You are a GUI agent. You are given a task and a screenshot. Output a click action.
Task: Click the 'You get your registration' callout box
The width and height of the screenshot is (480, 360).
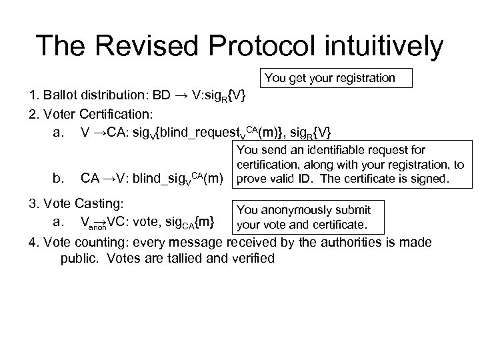[x=330, y=79]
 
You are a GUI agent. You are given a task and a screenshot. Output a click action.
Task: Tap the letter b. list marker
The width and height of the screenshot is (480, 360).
[x=59, y=178]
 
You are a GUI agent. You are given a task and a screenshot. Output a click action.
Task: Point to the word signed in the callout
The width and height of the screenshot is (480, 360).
[x=427, y=179]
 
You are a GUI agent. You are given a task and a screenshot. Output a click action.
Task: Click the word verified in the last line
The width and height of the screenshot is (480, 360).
[x=251, y=258]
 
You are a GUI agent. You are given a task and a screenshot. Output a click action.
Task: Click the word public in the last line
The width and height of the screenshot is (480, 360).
[x=79, y=258]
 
